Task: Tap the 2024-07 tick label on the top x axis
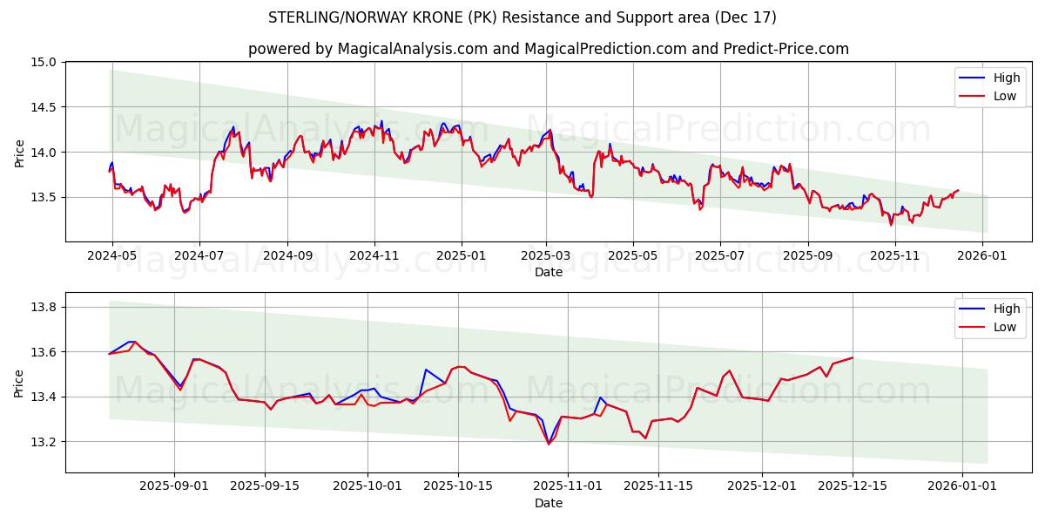coord(199,257)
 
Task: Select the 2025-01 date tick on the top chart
coord(461,257)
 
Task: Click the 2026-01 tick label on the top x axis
coord(983,257)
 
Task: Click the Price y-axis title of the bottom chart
coord(19,383)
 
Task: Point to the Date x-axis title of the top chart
coord(548,272)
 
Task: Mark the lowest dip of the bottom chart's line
coord(549,444)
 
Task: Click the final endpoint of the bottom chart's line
coord(853,357)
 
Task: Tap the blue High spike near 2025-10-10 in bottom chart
coord(426,370)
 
